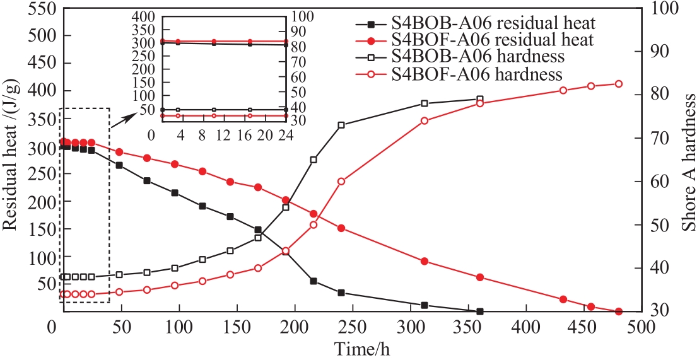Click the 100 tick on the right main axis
660,9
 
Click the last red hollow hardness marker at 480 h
618,84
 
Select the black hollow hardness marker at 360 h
480,99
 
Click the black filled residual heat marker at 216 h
313,281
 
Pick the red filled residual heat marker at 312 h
425,261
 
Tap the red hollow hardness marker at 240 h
341,181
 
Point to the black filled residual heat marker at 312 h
425,305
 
